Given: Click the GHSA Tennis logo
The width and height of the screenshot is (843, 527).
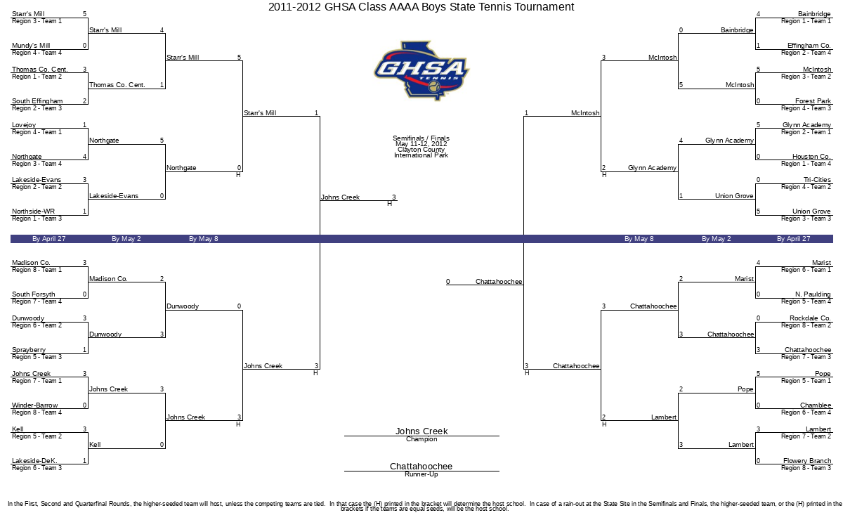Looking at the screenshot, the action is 421,71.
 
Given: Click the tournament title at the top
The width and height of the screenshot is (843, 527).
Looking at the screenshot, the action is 421,7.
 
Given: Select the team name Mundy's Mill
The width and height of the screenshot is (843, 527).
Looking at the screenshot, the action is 31,46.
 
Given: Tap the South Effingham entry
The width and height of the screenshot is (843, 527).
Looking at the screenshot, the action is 37,101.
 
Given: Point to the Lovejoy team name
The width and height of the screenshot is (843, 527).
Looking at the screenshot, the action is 24,125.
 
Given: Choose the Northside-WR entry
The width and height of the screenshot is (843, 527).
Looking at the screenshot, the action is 33,212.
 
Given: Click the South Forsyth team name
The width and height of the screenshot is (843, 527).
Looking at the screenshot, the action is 34,294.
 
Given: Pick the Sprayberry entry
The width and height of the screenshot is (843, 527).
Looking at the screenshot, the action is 29,350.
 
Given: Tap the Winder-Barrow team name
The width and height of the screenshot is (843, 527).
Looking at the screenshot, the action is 34,405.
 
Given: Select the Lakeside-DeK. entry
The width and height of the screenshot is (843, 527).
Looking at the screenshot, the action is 34,460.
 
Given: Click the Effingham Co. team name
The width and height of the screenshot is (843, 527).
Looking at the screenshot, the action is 809,46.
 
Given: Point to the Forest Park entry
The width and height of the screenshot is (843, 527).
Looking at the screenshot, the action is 813,101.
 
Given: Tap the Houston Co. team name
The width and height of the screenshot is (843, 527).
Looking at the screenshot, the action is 811,156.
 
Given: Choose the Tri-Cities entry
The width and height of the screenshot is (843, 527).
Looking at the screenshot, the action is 817,180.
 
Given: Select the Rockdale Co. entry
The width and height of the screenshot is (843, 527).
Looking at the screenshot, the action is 810,318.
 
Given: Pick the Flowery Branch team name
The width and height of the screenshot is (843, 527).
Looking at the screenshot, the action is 807,460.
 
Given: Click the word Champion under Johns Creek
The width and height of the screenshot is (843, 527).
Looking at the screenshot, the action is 421,439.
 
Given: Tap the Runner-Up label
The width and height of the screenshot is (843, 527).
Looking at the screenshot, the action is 421,474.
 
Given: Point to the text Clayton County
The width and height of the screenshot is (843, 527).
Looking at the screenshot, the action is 421,150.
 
